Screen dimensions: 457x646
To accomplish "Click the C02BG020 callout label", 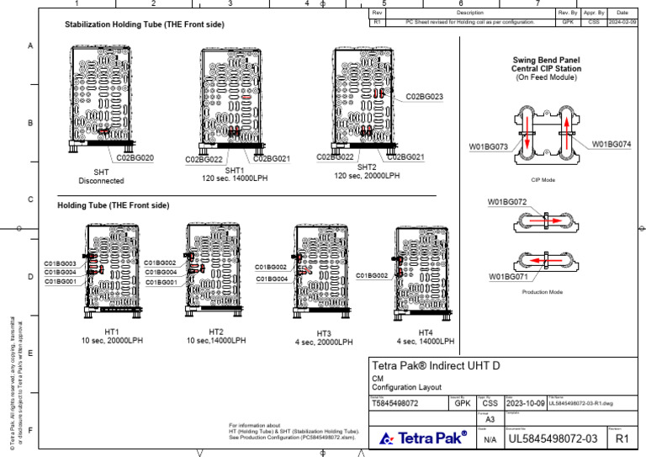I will pyautogui.click(x=135, y=157).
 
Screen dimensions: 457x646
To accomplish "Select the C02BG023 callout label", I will pyautogui.click(x=424, y=97).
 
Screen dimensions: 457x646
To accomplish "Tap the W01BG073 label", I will pyautogui.click(x=488, y=146).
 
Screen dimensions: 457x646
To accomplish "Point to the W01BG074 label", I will pyautogui.click(x=611, y=144).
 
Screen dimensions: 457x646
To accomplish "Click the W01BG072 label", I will pyautogui.click(x=507, y=202).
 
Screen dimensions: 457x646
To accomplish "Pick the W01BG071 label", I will pyautogui.click(x=508, y=276).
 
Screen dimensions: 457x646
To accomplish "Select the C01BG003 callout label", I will pyautogui.click(x=61, y=263).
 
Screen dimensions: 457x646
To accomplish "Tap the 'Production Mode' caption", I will pyautogui.click(x=543, y=292).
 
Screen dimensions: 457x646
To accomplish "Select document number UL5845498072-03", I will pyautogui.click(x=553, y=438).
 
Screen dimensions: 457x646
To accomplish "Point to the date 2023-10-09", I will pyautogui.click(x=524, y=403).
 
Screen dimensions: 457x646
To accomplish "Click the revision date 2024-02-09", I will pyautogui.click(x=622, y=22).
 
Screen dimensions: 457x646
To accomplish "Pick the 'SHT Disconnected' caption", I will pyautogui.click(x=101, y=176).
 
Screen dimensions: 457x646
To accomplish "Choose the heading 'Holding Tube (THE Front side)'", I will pyautogui.click(x=113, y=205).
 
